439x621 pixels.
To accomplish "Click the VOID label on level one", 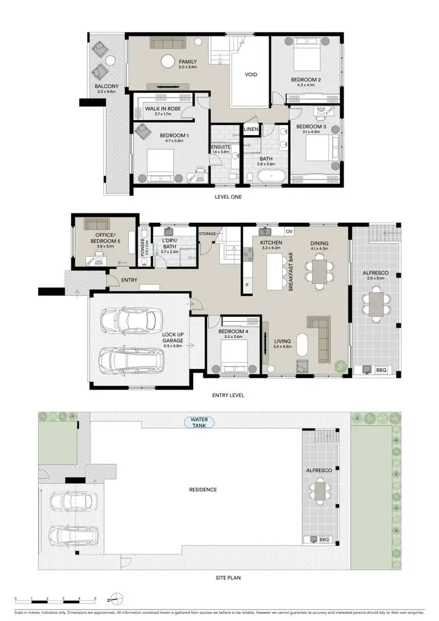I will pyautogui.click(x=251, y=75).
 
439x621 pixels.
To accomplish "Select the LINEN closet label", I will pyautogui.click(x=251, y=129).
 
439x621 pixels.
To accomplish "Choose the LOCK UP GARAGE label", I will pyautogui.click(x=173, y=340).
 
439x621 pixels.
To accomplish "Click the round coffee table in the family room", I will pyautogui.click(x=168, y=60).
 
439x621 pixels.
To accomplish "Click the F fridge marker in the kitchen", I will pyautogui.click(x=246, y=285).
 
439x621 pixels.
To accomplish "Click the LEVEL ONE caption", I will pyautogui.click(x=228, y=197).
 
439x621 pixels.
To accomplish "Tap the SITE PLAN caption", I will pyautogui.click(x=228, y=578).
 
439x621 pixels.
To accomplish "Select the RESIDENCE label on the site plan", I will pyautogui.click(x=203, y=489).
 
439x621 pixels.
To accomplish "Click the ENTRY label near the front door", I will pyautogui.click(x=129, y=281).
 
